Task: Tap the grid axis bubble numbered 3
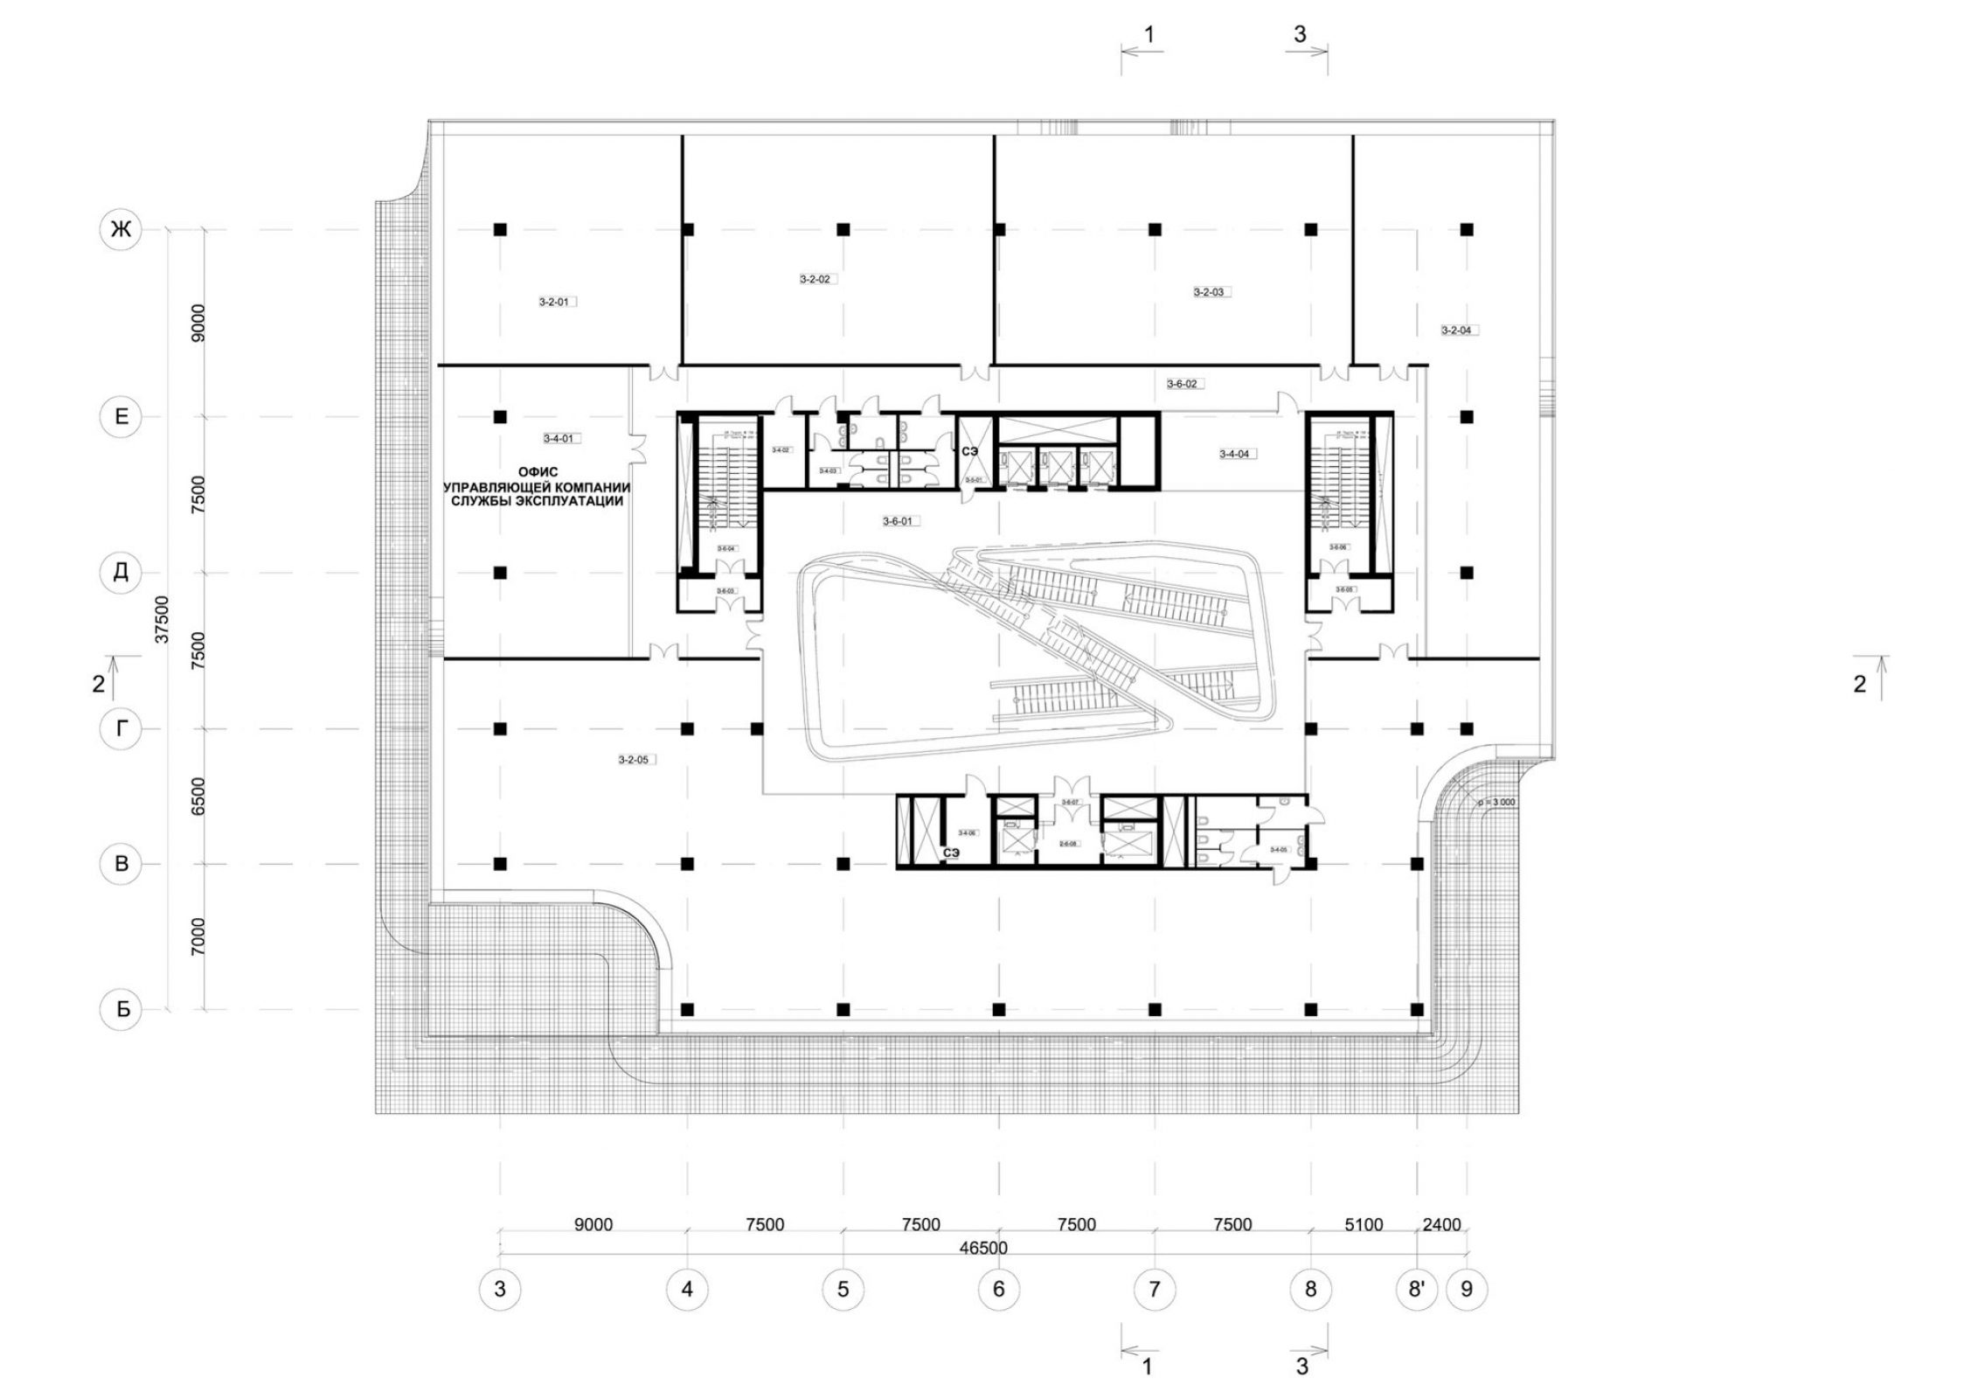coord(500,1289)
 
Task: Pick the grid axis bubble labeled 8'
coord(1416,1289)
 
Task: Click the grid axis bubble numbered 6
coord(998,1289)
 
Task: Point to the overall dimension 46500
coord(983,1248)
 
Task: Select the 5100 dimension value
coord(1364,1225)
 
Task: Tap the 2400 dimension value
coord(1441,1225)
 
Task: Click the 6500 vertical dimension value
coord(198,796)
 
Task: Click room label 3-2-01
coord(554,302)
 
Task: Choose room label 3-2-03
coord(1208,292)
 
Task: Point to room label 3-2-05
coord(633,760)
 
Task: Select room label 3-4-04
coord(1234,454)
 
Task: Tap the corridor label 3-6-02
coord(1182,383)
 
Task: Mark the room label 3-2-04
coord(1456,331)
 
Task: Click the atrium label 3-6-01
coord(897,521)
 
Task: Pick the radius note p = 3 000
coord(1496,801)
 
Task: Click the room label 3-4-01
coord(558,438)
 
